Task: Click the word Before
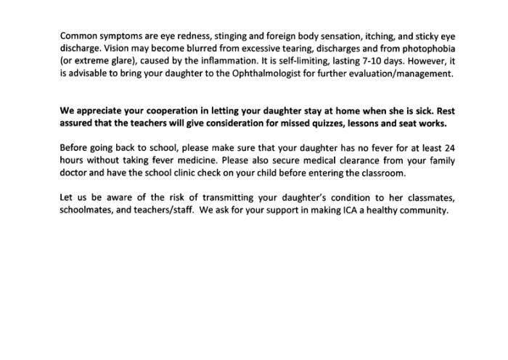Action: coord(75,147)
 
